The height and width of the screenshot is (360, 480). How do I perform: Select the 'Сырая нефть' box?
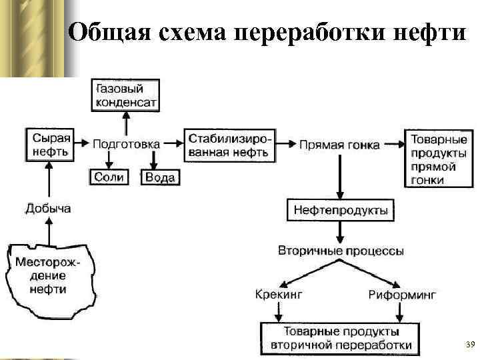click(49, 144)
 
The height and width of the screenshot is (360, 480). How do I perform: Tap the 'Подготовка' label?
click(126, 143)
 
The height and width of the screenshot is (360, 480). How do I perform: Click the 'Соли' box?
click(108, 177)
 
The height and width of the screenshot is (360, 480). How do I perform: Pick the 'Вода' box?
click(160, 177)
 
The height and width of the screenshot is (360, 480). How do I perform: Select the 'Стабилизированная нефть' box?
click(229, 145)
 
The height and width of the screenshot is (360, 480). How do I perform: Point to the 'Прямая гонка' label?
click(339, 145)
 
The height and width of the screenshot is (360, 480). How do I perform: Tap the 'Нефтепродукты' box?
click(341, 211)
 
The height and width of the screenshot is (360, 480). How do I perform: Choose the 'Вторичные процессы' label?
click(341, 251)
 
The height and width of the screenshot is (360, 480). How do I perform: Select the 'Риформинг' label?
click(401, 294)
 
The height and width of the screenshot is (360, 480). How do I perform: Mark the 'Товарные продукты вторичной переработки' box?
click(341, 338)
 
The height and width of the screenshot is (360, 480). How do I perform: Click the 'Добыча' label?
click(48, 209)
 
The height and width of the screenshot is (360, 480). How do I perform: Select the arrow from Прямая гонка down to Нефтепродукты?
click(341, 177)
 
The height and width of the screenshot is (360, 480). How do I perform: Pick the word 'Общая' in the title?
click(106, 31)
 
